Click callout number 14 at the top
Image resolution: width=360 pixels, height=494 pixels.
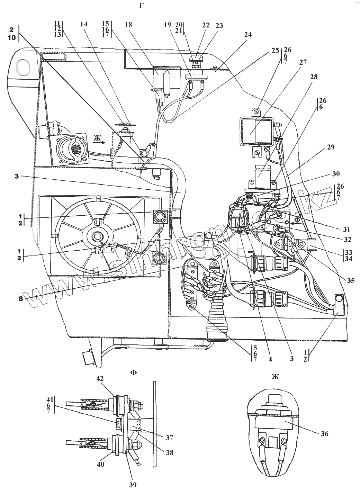coord(84,24)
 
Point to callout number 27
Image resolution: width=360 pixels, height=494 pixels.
coord(303,62)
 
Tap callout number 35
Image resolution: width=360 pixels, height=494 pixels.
coord(350,281)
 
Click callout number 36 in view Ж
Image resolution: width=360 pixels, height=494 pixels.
coord(324,434)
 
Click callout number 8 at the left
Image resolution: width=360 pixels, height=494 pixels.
coord(21,298)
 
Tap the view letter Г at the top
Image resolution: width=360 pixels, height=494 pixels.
coord(141,6)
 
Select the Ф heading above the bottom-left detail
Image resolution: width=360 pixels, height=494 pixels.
coord(133,373)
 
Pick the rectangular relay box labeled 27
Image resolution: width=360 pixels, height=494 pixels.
coord(255,131)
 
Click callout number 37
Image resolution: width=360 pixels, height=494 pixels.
coord(169,438)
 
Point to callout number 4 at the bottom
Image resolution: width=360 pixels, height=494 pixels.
coord(270,359)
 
